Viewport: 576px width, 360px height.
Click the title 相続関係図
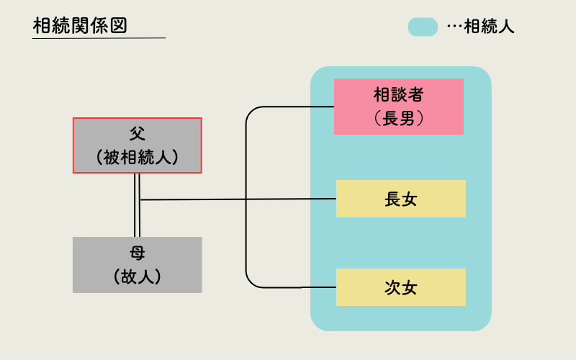80,25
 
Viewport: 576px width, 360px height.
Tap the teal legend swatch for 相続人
423,27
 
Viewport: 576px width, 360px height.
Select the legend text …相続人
481,27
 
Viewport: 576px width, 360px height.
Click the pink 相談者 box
398,107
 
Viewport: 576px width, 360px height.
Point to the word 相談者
398,95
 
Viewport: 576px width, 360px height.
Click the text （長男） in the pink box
398,119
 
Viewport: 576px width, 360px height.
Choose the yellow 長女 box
400,199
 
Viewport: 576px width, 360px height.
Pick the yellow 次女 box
400,287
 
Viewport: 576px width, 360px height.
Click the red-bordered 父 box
137,145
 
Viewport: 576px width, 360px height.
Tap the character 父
137,134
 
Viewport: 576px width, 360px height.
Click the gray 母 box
137,265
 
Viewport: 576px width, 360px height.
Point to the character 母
137,253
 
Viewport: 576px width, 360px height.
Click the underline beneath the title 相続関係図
99,37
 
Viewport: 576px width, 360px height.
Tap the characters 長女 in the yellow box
400,199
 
